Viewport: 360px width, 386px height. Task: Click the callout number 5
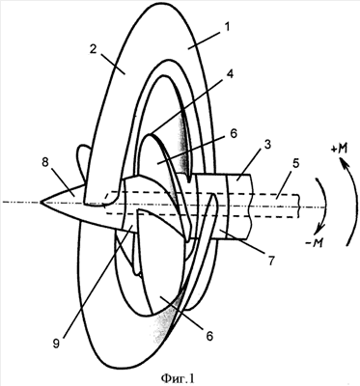tap(295, 163)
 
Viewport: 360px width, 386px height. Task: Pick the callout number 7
tap(271, 262)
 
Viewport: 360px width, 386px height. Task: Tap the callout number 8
tap(44, 163)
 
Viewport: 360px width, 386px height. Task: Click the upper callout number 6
tap(234, 134)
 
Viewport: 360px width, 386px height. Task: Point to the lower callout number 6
tap(209, 336)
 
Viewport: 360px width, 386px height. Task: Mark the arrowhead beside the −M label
tap(318, 229)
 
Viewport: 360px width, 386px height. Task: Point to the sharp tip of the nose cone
tap(41, 202)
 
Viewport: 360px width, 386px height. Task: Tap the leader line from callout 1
tap(207, 41)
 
